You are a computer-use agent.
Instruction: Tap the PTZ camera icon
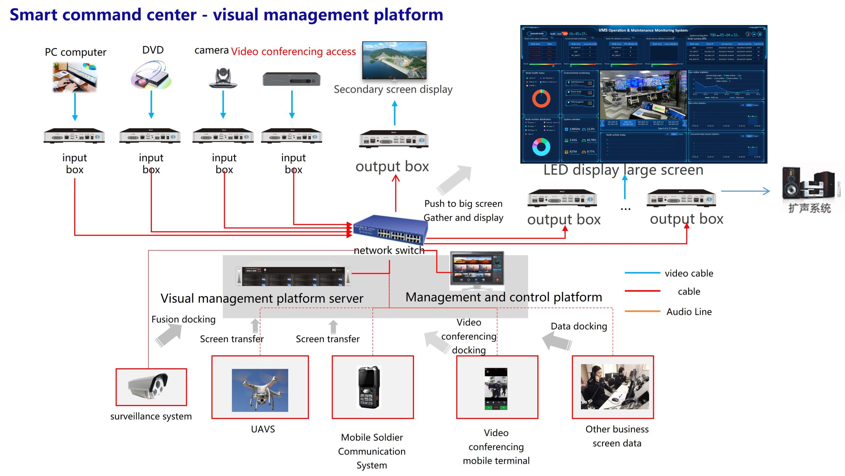click(x=223, y=78)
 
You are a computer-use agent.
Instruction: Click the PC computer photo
click(x=75, y=77)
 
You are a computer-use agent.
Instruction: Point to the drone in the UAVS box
click(x=260, y=390)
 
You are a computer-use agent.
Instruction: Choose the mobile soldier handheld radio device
click(x=369, y=387)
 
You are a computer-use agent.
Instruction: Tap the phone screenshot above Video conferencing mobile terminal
click(x=496, y=389)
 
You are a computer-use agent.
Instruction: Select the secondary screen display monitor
click(x=394, y=60)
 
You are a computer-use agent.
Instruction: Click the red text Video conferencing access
click(x=293, y=52)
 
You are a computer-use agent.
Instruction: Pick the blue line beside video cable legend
click(x=642, y=273)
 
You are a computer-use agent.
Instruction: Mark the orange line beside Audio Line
click(x=642, y=311)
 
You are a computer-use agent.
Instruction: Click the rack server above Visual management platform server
click(x=293, y=276)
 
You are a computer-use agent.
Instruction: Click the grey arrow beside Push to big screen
click(x=454, y=180)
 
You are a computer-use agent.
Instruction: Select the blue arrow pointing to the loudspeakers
click(x=745, y=191)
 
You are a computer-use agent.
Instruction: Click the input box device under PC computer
click(x=74, y=136)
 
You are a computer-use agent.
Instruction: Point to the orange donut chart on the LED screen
click(x=541, y=98)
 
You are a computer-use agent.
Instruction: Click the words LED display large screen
click(x=623, y=170)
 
